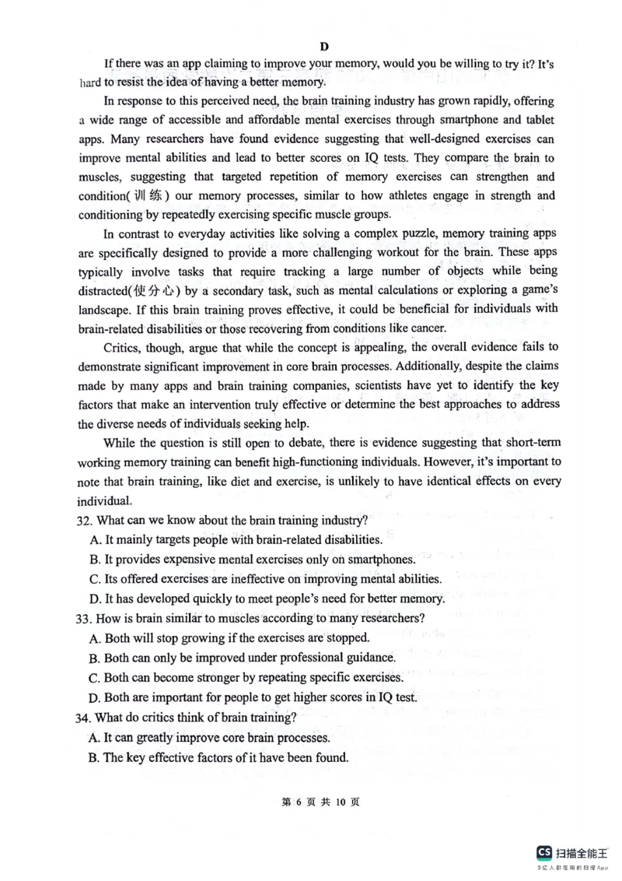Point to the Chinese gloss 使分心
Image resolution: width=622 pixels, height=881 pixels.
pos(155,291)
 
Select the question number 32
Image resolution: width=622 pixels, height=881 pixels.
pos(86,520)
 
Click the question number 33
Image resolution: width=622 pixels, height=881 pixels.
pos(86,619)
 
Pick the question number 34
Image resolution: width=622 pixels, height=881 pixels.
pos(86,717)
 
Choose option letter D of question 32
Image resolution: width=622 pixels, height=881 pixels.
pos(96,598)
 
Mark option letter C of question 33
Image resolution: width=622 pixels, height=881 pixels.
pos(96,678)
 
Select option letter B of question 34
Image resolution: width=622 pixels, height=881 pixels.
pos(96,757)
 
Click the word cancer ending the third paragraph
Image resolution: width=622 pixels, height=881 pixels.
pos(425,328)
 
